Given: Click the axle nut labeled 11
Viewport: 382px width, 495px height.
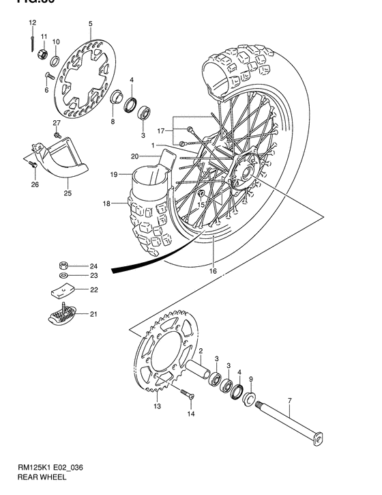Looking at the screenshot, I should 42,53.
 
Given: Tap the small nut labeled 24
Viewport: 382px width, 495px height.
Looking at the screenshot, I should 63,265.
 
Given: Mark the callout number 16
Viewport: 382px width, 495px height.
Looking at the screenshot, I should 213,271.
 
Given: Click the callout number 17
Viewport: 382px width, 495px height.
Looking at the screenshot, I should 161,130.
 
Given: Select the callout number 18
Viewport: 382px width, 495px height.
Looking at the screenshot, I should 106,203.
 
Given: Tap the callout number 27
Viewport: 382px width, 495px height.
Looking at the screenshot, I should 57,122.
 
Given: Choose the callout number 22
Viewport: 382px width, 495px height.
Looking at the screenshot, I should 93,290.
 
